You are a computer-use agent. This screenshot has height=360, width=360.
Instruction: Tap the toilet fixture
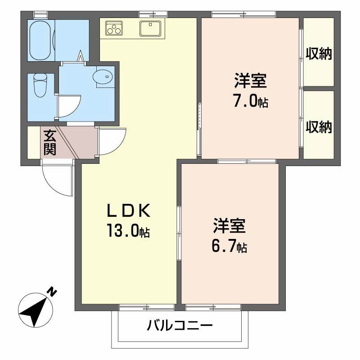point(40,85)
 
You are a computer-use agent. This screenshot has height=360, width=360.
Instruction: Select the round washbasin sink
point(103,77)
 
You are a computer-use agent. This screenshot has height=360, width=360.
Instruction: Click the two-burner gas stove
point(114,28)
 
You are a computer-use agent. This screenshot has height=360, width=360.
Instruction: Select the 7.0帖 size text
point(250,101)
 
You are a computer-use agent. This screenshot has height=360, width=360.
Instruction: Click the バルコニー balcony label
point(180,325)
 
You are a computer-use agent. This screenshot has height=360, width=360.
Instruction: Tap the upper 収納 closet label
point(319,54)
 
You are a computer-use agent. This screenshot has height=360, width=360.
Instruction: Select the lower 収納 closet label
point(319,127)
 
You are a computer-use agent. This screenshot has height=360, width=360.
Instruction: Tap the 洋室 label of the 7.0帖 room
point(250,81)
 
